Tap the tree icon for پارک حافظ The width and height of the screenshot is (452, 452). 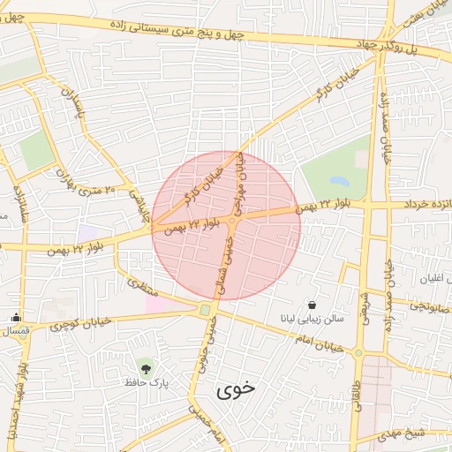[x=144, y=365]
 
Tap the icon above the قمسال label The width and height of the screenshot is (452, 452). [x=16, y=318]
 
